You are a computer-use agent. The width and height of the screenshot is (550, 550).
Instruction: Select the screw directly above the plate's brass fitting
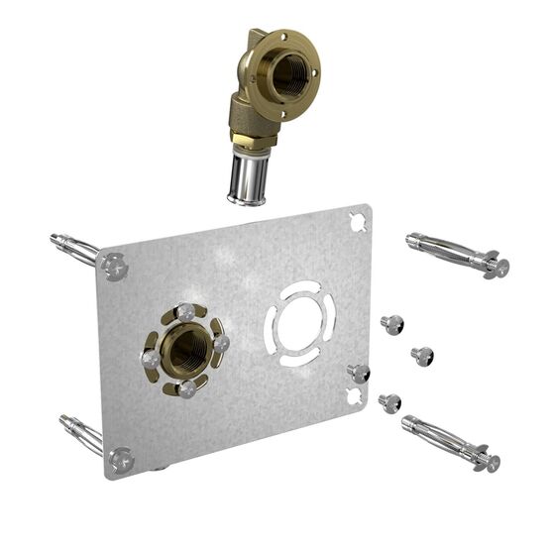(x=185, y=313)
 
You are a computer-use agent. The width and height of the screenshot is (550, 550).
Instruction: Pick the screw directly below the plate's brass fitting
(x=185, y=388)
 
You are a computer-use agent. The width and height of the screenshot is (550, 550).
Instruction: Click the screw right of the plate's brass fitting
(x=221, y=343)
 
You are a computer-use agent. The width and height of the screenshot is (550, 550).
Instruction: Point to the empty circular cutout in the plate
(x=300, y=322)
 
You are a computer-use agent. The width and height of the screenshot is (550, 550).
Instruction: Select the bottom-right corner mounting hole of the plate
(x=353, y=397)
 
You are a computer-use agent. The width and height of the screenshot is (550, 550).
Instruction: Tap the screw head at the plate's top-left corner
(x=115, y=265)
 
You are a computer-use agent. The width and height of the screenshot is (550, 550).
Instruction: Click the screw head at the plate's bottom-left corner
(x=121, y=459)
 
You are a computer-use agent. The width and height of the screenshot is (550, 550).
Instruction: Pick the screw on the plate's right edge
(x=359, y=373)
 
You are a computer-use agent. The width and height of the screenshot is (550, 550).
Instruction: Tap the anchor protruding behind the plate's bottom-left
(x=79, y=431)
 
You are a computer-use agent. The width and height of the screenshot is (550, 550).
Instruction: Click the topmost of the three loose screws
(x=392, y=323)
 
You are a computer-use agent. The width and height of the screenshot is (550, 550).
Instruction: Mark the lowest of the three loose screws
(x=390, y=402)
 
